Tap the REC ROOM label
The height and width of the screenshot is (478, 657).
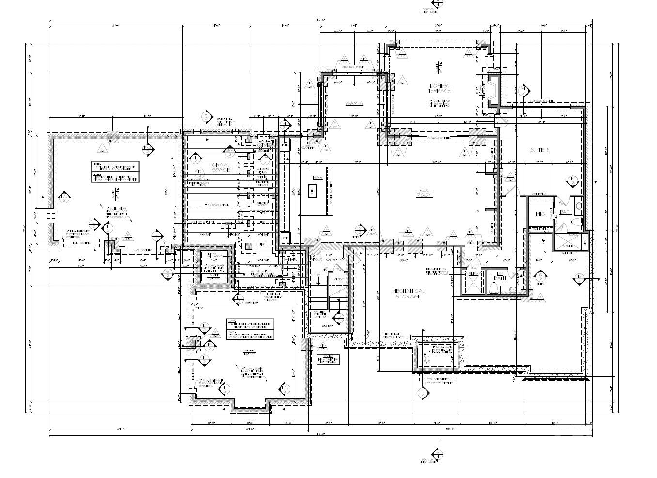click(424, 193)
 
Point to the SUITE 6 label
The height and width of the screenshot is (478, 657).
click(540, 150)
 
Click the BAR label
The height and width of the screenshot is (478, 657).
click(318, 177)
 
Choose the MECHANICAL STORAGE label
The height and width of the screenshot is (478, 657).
click(408, 294)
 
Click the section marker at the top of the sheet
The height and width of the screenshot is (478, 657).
click(438, 6)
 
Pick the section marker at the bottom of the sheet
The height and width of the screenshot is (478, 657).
click(438, 454)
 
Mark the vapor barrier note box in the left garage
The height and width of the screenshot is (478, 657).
click(115, 172)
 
